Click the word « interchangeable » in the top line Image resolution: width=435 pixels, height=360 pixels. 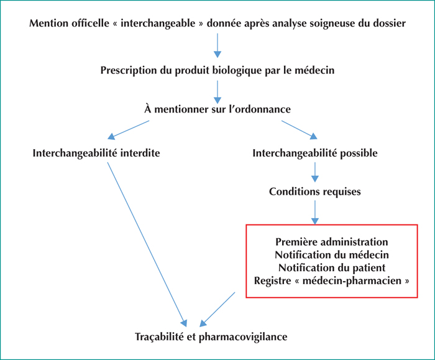coord(158,23)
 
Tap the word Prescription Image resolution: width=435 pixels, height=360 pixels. coord(129,70)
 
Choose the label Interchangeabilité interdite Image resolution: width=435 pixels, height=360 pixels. coord(96,153)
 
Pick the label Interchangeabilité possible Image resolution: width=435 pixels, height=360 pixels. coord(315,153)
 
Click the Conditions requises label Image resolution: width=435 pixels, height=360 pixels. coord(315,192)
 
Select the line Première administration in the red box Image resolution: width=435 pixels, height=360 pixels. coord(332,242)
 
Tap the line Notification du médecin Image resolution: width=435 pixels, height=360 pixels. coord(332,255)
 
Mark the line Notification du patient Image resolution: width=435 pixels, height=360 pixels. coord(332,268)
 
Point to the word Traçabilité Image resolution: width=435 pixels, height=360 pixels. coord(160,337)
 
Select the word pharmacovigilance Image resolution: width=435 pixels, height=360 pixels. coord(243,337)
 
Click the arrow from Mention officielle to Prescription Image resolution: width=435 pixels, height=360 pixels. coord(217,45)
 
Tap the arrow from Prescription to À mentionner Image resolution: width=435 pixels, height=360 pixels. coord(217,93)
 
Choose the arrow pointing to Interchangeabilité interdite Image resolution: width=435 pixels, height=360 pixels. coord(129,129)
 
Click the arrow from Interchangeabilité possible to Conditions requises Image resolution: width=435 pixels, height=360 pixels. coord(315,172)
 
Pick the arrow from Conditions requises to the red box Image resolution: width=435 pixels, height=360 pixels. coord(315,213)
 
